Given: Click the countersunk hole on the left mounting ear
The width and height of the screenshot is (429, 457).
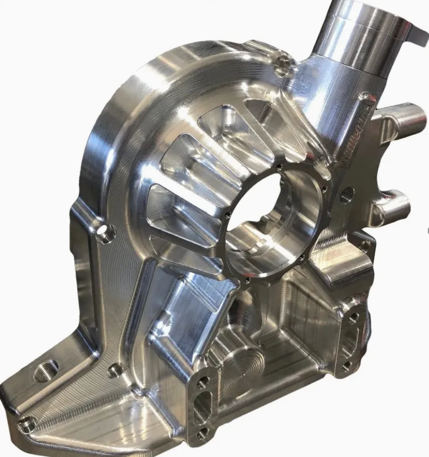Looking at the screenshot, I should click(x=105, y=233).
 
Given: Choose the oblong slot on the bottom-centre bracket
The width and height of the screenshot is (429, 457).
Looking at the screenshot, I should click(x=203, y=409).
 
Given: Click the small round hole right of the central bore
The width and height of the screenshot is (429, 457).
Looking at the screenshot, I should click(x=347, y=194).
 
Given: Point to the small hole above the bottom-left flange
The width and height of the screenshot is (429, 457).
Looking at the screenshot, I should click(x=114, y=370).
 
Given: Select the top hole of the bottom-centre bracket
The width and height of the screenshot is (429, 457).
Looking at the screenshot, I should click(x=204, y=381).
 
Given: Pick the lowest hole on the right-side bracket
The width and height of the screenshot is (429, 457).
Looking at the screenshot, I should click(x=347, y=365).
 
